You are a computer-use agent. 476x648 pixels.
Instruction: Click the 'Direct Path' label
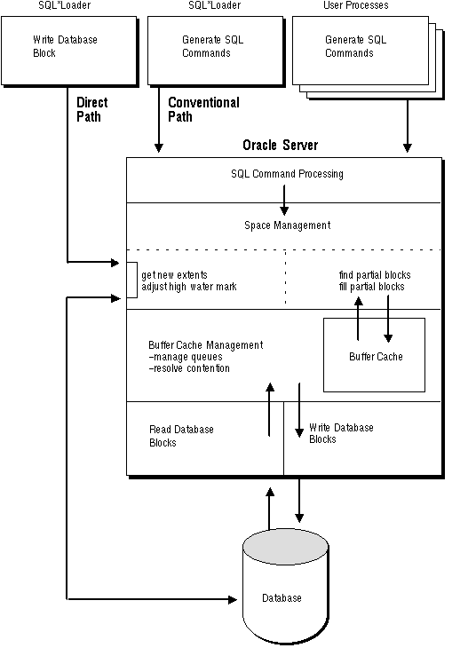click(91, 109)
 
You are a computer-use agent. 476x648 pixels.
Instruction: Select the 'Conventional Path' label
click(203, 109)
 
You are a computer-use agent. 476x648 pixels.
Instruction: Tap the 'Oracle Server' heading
click(281, 145)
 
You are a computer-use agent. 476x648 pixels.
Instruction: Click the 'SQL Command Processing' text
click(287, 174)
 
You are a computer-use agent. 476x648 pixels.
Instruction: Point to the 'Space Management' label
click(288, 225)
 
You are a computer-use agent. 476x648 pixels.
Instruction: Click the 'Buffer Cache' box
click(374, 354)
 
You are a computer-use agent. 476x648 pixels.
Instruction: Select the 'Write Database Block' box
click(69, 51)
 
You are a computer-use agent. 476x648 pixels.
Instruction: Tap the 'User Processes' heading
click(355, 5)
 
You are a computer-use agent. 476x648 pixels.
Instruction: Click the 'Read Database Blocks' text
click(181, 436)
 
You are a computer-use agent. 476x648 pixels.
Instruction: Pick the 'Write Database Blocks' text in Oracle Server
click(341, 433)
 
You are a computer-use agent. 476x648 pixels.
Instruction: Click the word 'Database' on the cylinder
click(282, 598)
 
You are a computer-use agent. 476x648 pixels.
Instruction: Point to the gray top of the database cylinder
click(285, 546)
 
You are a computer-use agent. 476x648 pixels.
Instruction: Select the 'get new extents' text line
click(174, 275)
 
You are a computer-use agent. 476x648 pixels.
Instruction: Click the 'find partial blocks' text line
click(375, 275)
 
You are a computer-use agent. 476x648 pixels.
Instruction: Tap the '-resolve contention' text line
click(189, 368)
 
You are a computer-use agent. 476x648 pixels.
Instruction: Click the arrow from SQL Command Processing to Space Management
click(284, 200)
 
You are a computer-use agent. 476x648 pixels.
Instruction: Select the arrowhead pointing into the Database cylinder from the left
click(233, 599)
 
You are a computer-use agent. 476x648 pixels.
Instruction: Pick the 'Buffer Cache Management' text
click(205, 345)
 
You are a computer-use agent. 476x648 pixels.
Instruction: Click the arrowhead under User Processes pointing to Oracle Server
click(408, 147)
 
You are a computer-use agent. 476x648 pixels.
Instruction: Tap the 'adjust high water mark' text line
click(189, 287)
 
